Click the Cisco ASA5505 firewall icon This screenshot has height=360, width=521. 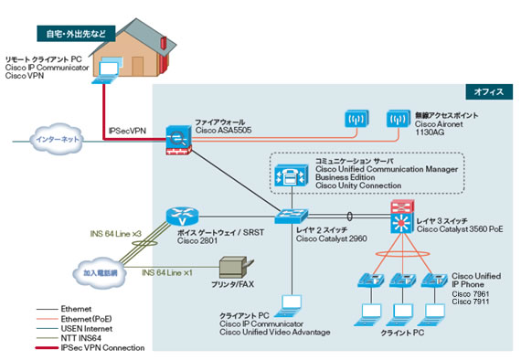pos(179,140)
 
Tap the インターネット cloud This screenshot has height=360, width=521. pos(58,139)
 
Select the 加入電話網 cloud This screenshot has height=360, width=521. pos(100,272)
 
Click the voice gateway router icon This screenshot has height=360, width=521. pos(182,217)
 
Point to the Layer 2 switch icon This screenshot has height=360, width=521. pos(292,216)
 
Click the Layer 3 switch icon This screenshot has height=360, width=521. pos(402,217)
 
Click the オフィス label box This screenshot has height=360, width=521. pos(489,92)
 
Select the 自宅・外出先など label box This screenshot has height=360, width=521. pos(76,34)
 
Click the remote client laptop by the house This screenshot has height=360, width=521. pos(106,72)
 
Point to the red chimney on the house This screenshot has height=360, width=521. pos(163,44)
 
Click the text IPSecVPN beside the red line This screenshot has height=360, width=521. pos(127,131)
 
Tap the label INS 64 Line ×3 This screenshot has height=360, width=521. pos(116,234)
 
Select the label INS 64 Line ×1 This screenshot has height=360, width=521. pos(167,272)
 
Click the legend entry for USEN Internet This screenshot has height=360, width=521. pos(87,329)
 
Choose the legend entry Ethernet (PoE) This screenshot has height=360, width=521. pos(86,319)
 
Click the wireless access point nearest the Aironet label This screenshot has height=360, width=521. pos(398,119)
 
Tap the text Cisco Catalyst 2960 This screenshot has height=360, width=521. pos(332,238)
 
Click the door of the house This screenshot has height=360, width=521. pos(138,66)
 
